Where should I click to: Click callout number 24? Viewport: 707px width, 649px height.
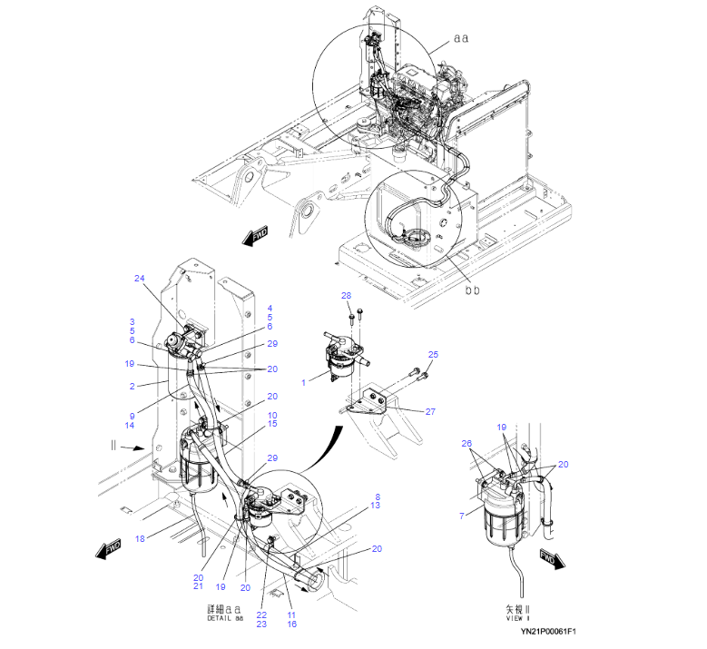coord(140,279)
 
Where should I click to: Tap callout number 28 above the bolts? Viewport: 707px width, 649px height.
coord(347,295)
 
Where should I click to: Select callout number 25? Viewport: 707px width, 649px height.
coord(433,355)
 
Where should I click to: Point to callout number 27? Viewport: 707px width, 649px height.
coord(430,411)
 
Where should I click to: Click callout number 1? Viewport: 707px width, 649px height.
coord(303,382)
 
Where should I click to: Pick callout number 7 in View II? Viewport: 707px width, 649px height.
coord(462,516)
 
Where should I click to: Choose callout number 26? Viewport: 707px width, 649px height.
coord(466,443)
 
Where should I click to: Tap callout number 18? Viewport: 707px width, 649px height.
coord(140,538)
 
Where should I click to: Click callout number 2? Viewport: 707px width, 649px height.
coord(133,386)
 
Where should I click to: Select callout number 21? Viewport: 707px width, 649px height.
coord(198,585)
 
